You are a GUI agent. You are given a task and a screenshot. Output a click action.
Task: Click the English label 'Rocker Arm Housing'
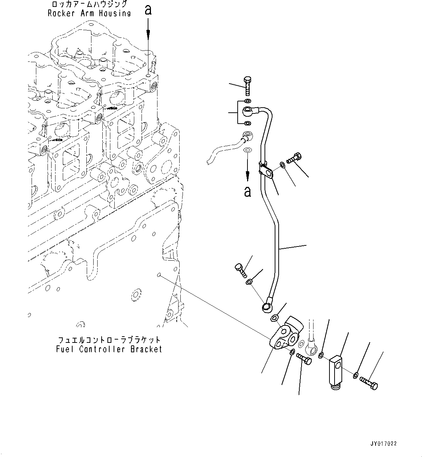(89, 13)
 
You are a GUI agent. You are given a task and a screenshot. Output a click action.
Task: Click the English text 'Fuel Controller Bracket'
(109, 349)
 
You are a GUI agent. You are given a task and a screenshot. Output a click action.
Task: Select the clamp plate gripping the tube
(267, 171)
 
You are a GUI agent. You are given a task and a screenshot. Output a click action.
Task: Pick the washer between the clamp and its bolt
(282, 166)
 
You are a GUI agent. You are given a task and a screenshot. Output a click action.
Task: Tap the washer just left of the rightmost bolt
(356, 375)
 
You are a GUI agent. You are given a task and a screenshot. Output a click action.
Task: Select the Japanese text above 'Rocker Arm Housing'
(89, 4)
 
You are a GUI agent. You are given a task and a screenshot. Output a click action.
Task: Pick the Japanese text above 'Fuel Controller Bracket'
(109, 340)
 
